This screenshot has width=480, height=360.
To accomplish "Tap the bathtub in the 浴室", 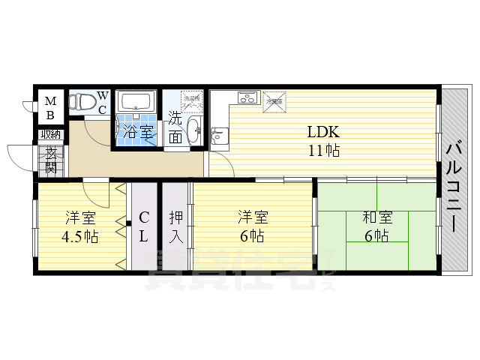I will click(136, 102).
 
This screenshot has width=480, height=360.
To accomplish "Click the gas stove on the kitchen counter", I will click(247, 97).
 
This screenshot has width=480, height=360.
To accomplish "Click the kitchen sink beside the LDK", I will click(219, 136).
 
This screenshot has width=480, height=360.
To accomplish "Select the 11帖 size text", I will click(323, 150).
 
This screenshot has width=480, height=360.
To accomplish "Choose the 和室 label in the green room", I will click(376, 217).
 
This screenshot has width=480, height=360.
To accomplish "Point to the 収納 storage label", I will click(50, 134).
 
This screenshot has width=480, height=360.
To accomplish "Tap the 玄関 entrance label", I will click(51, 159).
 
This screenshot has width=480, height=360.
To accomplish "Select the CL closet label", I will click(144, 227).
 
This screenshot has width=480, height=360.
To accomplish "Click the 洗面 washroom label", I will click(175, 127).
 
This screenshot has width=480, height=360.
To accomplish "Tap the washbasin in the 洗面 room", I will click(193, 129).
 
